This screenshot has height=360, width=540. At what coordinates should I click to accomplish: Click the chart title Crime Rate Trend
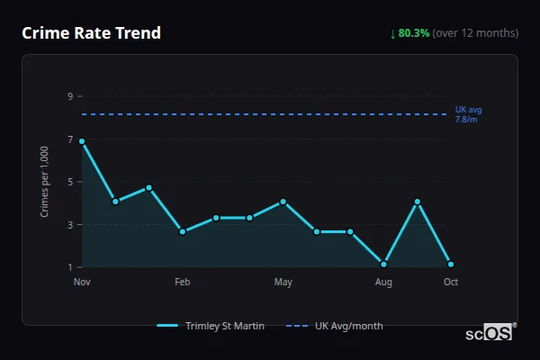tap(92, 33)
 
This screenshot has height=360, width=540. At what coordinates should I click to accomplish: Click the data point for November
tap(82, 141)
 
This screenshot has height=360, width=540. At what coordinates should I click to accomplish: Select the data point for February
tap(183, 231)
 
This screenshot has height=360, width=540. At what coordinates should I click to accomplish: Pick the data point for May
tap(283, 202)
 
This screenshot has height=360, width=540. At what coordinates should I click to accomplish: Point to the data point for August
tap(384, 265)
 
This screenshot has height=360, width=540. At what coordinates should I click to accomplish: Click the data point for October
tap(451, 265)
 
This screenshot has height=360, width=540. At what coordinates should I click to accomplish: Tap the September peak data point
tap(418, 202)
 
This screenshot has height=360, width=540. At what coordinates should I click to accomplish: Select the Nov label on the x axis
tap(82, 283)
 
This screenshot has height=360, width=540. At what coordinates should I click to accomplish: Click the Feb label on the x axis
tap(183, 283)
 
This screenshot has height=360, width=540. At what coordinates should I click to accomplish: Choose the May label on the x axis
tap(283, 283)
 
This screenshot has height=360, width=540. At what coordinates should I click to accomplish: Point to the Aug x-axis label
tap(384, 283)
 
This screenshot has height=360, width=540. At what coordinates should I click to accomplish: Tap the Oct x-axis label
tap(451, 283)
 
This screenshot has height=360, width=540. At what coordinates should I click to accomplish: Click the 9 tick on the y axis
tap(69, 95)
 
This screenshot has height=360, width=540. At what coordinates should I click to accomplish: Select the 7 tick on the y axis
tap(69, 139)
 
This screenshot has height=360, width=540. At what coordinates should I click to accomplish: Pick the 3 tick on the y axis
tap(69, 224)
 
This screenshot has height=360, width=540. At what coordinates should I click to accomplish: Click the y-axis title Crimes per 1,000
tap(45, 182)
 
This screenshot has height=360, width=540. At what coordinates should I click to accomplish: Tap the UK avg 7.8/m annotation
tap(468, 114)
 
